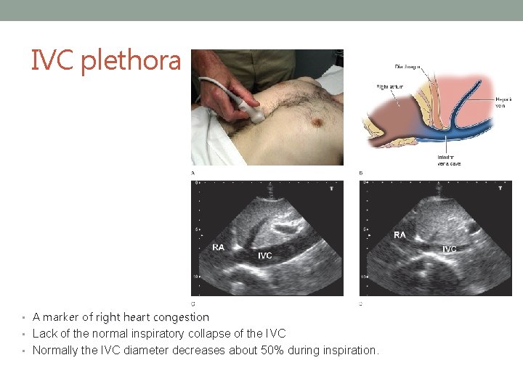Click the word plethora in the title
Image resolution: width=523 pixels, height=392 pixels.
click(x=131, y=61)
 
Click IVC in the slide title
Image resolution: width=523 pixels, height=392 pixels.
click(x=53, y=61)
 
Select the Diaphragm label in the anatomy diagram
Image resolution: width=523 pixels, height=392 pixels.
click(x=413, y=67)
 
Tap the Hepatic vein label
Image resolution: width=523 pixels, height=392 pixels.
click(x=503, y=102)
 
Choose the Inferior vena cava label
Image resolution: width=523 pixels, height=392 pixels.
click(x=448, y=160)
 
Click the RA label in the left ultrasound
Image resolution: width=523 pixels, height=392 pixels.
click(x=219, y=247)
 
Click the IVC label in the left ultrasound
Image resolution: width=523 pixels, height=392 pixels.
click(x=265, y=256)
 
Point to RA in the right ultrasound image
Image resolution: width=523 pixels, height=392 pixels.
click(x=400, y=234)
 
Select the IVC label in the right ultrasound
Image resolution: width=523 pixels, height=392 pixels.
click(x=450, y=249)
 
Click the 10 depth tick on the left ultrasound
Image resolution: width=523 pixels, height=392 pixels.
click(x=194, y=277)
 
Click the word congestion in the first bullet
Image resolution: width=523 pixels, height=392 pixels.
click(x=182, y=317)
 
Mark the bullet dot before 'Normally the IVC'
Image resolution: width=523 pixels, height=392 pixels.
click(x=25, y=351)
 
